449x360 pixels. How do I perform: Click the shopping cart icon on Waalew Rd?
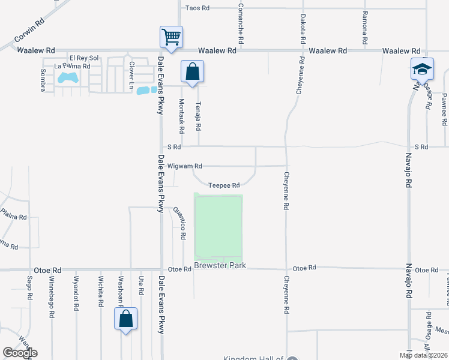click(171, 38)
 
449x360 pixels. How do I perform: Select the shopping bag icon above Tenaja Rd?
click(192, 72)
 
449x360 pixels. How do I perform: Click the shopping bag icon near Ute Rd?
click(126, 319)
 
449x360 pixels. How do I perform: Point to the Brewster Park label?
click(220, 265)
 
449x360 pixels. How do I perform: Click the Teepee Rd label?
click(224, 185)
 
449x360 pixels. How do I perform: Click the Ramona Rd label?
click(364, 28)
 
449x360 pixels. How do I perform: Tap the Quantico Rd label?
click(179, 223)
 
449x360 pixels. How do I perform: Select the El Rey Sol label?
click(83, 58)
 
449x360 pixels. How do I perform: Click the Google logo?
click(20, 352)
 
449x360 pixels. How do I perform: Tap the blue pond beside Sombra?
click(67, 77)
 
